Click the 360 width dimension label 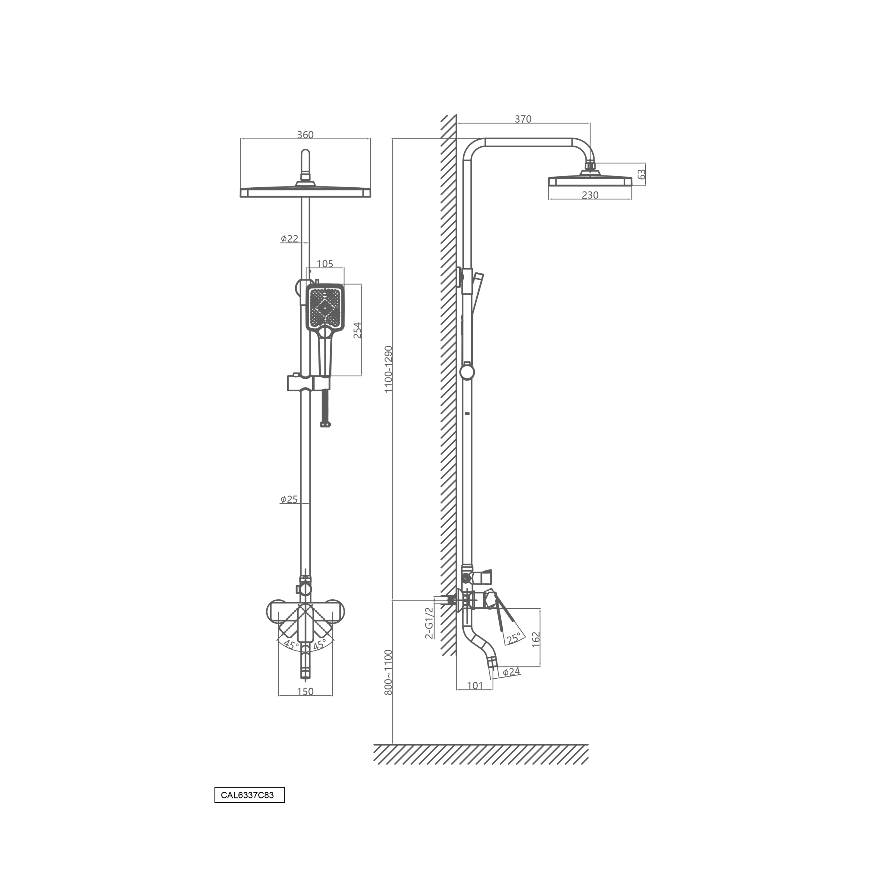click(305, 135)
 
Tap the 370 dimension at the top click(523, 119)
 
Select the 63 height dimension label click(641, 174)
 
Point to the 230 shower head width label click(590, 195)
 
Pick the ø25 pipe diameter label click(289, 500)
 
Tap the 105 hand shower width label click(325, 264)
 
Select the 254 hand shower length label click(357, 330)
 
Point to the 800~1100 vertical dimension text click(388, 672)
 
